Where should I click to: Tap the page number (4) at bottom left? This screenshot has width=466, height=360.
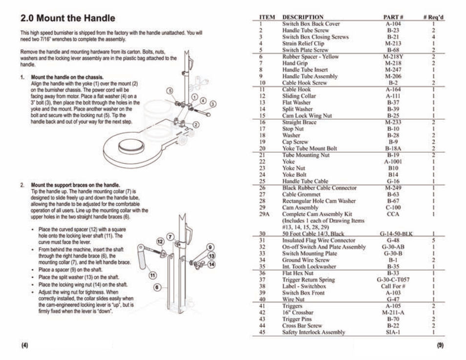[x=25, y=345]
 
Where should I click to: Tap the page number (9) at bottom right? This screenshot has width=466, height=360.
[x=440, y=345]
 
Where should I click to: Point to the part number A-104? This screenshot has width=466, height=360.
[x=393, y=23]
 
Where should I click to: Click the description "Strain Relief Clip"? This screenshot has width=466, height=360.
[x=303, y=43]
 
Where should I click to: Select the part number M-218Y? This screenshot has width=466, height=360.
[x=393, y=56]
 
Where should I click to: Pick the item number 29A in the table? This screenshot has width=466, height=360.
[x=264, y=214]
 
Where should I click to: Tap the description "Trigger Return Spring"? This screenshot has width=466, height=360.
[x=309, y=279]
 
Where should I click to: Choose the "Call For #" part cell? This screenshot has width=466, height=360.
[x=393, y=286]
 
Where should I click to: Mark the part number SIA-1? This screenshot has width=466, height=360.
[x=393, y=332]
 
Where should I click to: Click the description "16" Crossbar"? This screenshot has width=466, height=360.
[x=298, y=312]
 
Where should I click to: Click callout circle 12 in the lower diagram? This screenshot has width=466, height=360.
[x=159, y=242]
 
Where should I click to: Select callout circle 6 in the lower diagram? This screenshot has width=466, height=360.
[x=157, y=288]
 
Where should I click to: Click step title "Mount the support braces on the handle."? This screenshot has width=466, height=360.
[x=75, y=186]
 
